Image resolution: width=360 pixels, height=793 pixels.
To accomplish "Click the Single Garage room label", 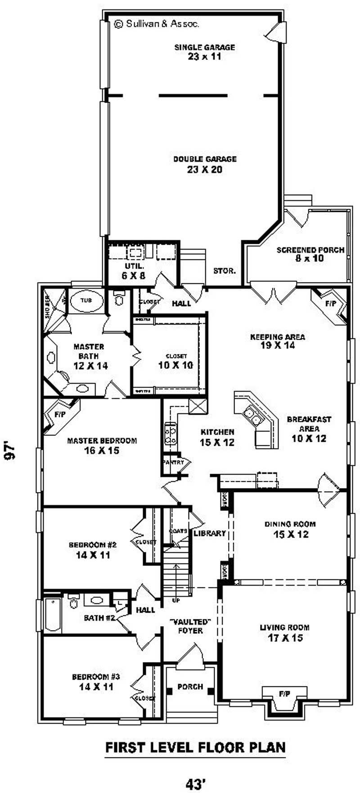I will [205, 52].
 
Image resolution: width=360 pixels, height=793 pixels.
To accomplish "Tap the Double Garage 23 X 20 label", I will [205, 164].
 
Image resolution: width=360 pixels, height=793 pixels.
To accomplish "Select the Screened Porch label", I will [310, 254].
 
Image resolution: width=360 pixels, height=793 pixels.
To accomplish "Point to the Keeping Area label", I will [278, 341].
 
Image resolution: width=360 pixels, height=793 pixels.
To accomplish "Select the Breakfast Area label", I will [309, 429].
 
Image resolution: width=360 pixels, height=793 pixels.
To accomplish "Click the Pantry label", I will [173, 462].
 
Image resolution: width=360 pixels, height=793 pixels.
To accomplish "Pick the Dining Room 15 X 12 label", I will [290, 529].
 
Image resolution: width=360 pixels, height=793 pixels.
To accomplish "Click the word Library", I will [209, 533].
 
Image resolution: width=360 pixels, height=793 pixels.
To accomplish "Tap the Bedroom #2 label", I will [93, 550].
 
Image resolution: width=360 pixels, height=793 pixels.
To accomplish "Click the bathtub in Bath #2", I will [53, 615].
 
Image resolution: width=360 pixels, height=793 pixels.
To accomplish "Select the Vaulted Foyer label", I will [190, 626].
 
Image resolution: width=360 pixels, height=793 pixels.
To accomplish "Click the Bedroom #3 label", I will [96, 681].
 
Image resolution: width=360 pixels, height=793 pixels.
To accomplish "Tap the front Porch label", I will [190, 687].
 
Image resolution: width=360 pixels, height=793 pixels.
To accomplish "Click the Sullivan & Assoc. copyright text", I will [157, 24].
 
